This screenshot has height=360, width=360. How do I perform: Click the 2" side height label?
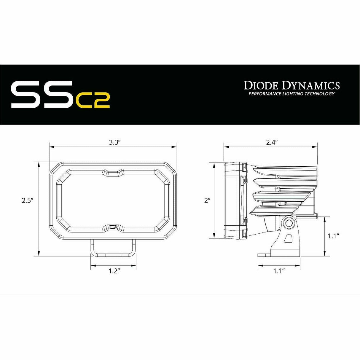coord(207,201)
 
